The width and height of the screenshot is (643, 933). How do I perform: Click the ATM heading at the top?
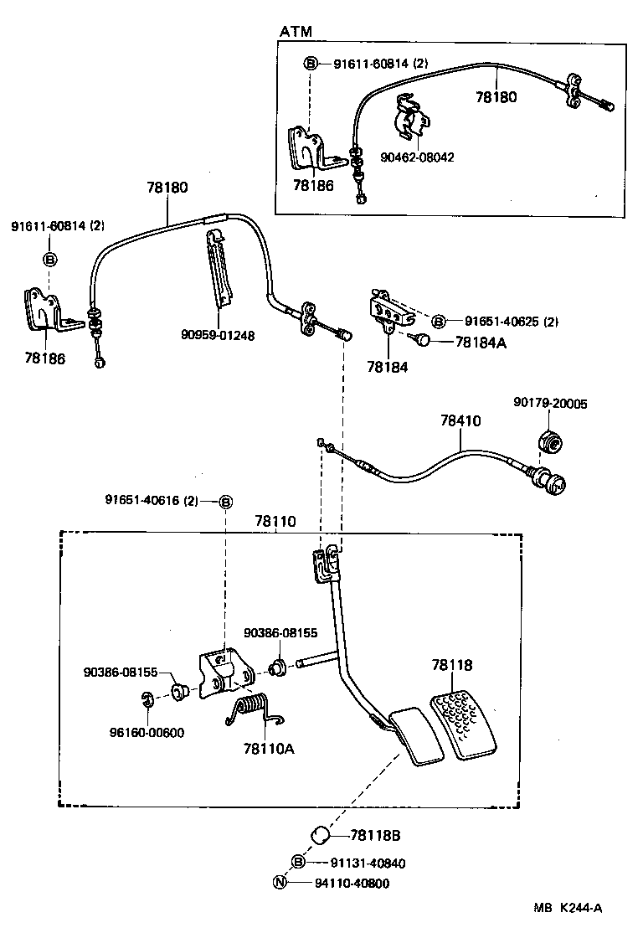(x=296, y=32)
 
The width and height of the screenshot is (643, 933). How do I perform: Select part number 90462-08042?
(x=418, y=157)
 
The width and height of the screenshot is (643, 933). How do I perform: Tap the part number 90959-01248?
(x=218, y=335)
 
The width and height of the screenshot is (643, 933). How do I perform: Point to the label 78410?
(x=460, y=421)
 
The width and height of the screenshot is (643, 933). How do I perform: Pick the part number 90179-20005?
(x=550, y=404)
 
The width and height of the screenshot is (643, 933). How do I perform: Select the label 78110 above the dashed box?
(x=275, y=521)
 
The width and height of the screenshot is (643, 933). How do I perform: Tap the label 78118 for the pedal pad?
(x=452, y=666)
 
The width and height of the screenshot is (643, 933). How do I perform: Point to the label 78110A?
(x=269, y=748)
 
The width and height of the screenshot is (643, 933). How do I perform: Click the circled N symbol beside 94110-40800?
(x=280, y=882)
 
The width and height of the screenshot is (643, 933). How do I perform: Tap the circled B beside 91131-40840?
(x=298, y=862)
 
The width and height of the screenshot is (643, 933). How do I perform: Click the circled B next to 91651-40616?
(x=225, y=501)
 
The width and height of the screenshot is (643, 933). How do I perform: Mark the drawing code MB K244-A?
(x=570, y=907)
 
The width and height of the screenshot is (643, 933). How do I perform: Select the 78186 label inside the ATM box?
(x=313, y=185)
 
